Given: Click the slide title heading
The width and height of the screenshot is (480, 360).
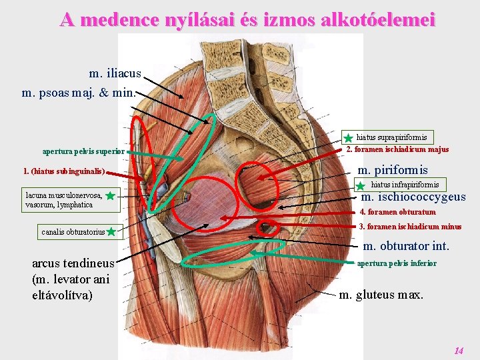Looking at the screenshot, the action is [x=247, y=19].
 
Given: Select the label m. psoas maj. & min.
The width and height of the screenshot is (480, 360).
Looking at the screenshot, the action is [x=78, y=92].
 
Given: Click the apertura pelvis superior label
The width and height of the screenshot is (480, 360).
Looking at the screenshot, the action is [x=83, y=151].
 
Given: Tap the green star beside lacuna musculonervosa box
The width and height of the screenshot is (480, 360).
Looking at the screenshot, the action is [x=111, y=196].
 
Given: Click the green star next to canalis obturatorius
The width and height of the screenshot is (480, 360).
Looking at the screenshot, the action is [x=111, y=232].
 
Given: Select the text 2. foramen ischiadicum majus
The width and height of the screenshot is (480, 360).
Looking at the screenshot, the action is [x=397, y=149].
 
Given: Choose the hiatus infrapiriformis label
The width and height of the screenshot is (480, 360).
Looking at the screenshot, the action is [x=405, y=184].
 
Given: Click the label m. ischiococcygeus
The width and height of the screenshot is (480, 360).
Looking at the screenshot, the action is [x=413, y=197].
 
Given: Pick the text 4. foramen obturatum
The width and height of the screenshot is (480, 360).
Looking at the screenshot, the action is [x=397, y=212].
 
